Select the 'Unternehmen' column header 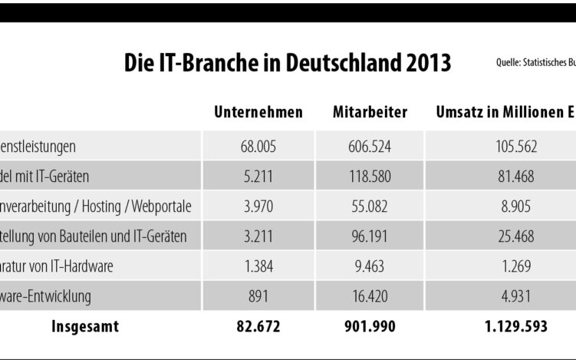(x=258, y=113)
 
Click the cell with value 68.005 (x=258, y=146)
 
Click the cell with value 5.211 (x=258, y=177)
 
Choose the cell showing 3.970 (x=258, y=206)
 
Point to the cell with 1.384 (x=258, y=266)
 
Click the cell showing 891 (x=258, y=296)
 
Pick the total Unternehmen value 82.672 (x=258, y=326)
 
